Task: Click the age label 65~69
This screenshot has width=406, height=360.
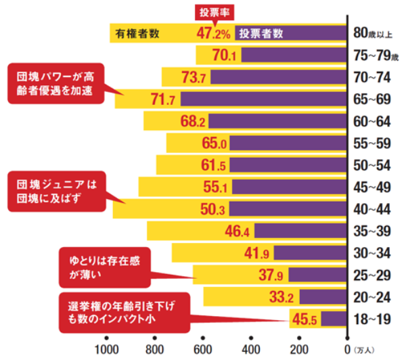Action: (371, 99)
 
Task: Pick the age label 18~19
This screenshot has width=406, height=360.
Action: (371, 318)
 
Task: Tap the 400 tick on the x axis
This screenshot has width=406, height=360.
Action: (251, 348)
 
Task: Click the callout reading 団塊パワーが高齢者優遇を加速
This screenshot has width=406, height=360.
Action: (56, 83)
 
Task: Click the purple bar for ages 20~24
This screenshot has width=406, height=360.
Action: (323, 296)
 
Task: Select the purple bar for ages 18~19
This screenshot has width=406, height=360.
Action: (334, 318)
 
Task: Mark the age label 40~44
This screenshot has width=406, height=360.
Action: (371, 208)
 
